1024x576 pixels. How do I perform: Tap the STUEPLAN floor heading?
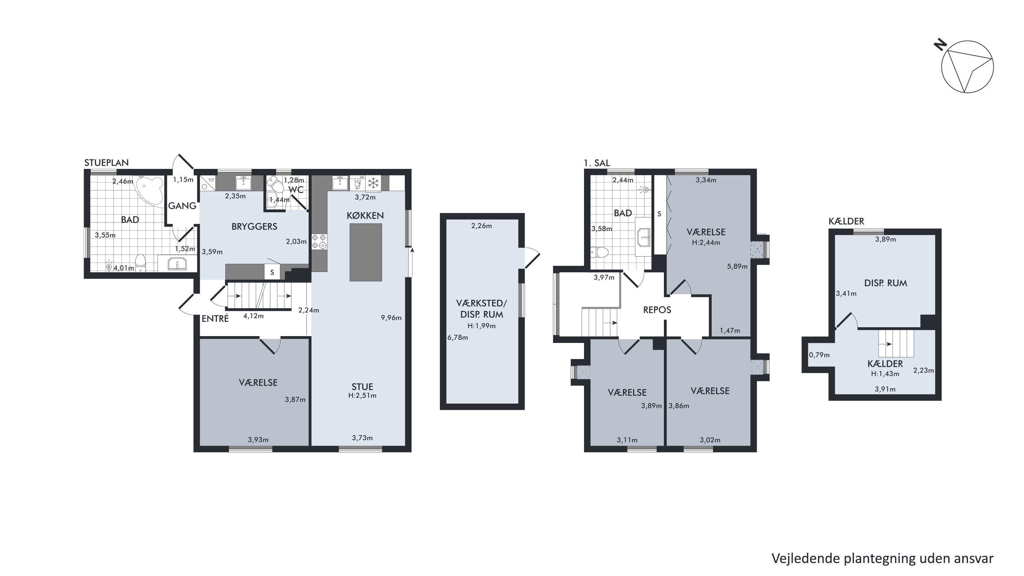click(x=106, y=162)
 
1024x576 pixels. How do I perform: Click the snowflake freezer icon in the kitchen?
click(x=373, y=183)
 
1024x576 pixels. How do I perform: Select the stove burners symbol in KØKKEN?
click(x=319, y=242)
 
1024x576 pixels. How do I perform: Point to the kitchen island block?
click(x=366, y=253)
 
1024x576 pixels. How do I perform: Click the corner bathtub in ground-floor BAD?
click(x=150, y=191)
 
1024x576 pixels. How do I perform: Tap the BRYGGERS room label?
click(x=254, y=227)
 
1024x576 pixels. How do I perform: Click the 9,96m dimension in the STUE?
click(x=391, y=318)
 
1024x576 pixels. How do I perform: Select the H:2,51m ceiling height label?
click(x=362, y=395)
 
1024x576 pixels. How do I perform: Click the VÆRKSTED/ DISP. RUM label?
click(x=481, y=309)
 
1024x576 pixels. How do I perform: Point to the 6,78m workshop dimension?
click(x=457, y=337)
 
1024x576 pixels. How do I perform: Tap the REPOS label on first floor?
click(x=657, y=309)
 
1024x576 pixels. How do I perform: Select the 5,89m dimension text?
click(x=737, y=267)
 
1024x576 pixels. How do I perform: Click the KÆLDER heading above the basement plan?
click(x=846, y=221)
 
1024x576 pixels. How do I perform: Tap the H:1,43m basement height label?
click(x=885, y=374)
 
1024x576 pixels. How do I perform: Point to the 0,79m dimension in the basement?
click(x=819, y=355)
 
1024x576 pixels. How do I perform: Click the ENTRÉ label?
click(x=215, y=318)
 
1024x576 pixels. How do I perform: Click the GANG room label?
click(x=183, y=205)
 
